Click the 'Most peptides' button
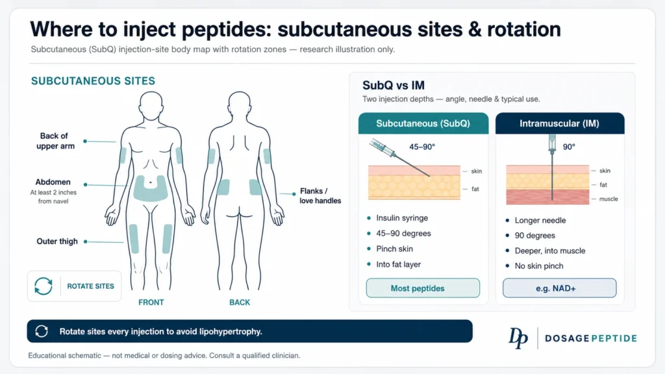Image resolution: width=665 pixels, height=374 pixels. click(423, 288)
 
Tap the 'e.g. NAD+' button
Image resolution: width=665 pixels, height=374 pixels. click(559, 288)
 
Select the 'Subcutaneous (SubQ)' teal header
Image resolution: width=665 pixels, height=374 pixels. click(423, 123)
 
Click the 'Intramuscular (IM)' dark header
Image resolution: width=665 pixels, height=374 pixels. click(560, 123)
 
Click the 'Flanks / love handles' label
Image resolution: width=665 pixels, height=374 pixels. click(320, 196)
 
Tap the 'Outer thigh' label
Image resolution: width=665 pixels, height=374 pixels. click(57, 242)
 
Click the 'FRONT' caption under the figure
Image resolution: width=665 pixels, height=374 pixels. click(151, 303)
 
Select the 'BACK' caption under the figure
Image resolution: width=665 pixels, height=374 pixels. click(240, 303)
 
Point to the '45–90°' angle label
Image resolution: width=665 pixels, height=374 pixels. click(422, 147)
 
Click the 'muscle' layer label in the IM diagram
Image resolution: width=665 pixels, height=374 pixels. click(609, 199)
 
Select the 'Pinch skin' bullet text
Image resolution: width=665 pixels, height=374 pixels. click(394, 249)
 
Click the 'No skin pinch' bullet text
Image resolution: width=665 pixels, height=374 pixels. click(539, 266)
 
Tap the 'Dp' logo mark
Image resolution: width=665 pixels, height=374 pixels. click(518, 338)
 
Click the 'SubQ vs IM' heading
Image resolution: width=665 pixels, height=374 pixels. click(394, 86)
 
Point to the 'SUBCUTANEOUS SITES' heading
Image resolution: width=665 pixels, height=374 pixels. click(94, 81)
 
